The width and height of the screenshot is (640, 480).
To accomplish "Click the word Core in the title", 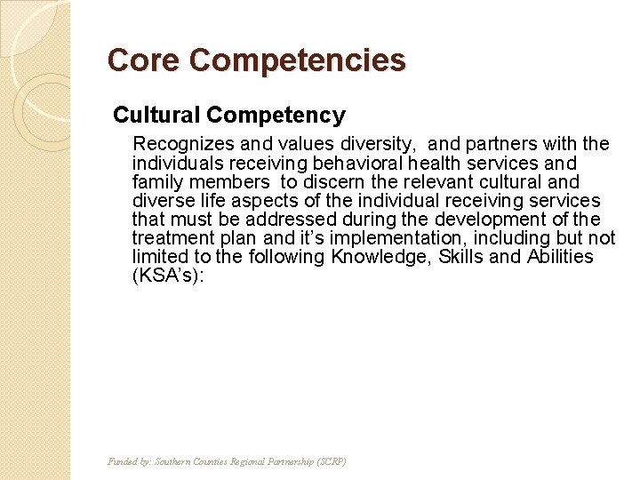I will (x=144, y=60).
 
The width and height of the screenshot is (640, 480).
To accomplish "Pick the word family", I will (x=156, y=182).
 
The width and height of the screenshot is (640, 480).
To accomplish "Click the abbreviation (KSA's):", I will (x=168, y=276).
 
